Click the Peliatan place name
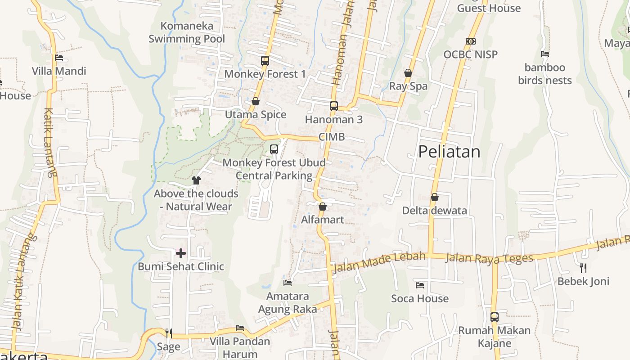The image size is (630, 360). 449,152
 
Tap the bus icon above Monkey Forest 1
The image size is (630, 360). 265,60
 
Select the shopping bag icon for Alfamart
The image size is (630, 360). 322,207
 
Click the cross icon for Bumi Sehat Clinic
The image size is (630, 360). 181,253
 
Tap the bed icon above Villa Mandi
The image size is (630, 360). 59,58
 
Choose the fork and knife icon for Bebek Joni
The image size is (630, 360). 583,268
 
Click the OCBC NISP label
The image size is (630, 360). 470,54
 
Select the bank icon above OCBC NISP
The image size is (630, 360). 471,41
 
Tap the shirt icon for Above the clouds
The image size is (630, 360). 196,180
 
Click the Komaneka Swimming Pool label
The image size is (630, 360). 187,32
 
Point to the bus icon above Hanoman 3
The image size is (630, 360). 333,106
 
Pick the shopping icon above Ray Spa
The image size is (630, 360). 408,73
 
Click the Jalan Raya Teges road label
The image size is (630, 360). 489,258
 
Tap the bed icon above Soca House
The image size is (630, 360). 420,285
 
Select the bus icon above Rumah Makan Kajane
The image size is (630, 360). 495,317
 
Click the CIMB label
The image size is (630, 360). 331,137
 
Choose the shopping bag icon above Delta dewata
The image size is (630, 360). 435,197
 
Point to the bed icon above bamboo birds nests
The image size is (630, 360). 545,54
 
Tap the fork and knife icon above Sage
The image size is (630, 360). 169,333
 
